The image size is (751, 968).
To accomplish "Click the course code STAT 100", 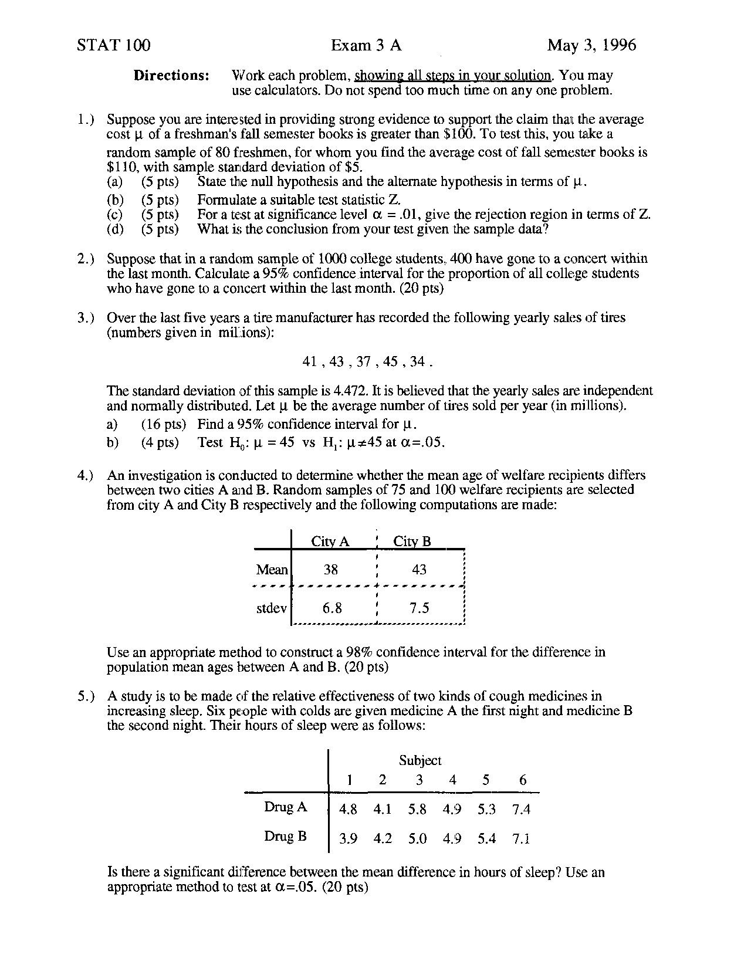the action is click(113, 45).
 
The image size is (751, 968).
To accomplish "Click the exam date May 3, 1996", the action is click(591, 45).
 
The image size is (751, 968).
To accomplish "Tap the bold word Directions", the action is click(171, 76).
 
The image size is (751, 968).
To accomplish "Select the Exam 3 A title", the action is click(366, 45).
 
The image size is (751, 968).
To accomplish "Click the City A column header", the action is click(330, 541).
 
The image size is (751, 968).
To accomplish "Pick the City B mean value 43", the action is click(419, 570).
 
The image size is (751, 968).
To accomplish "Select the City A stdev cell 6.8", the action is click(332, 608).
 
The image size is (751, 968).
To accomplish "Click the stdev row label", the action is click(272, 608).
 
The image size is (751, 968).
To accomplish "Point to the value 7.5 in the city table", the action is click(420, 608).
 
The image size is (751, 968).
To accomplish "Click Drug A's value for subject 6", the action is click(521, 810).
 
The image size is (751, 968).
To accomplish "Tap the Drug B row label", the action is click(285, 836).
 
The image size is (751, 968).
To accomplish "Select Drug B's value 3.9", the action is click(348, 839).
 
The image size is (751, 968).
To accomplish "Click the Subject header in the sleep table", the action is click(420, 760).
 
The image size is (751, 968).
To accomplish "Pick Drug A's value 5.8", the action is click(417, 810).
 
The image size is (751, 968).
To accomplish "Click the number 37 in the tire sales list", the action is click(364, 362).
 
